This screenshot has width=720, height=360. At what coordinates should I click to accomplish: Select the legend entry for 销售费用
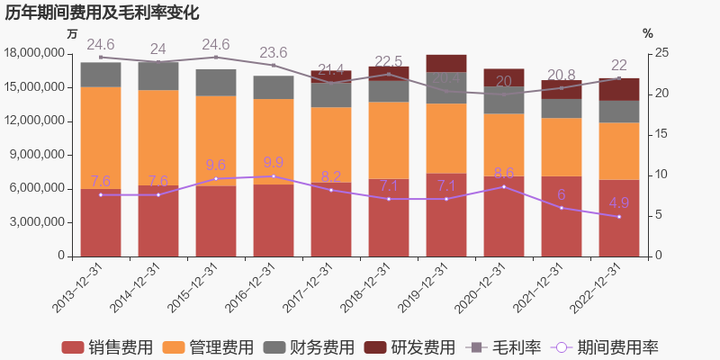pyautogui.click(x=106, y=347)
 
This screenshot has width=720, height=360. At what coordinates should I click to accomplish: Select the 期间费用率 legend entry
pyautogui.click(x=606, y=347)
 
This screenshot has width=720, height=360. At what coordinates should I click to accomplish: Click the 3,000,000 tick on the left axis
pyautogui.click(x=40, y=222)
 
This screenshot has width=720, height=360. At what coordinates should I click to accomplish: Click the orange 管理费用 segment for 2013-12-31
pyautogui.click(x=101, y=138)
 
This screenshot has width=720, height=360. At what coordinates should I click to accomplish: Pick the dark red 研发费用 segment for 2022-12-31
pyautogui.click(x=619, y=89)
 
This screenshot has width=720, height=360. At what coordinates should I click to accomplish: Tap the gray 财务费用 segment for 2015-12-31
pyautogui.click(x=216, y=83)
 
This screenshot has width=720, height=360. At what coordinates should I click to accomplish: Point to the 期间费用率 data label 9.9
pyautogui.click(x=274, y=163)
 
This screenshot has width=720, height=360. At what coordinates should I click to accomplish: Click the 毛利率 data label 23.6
pyautogui.click(x=274, y=52)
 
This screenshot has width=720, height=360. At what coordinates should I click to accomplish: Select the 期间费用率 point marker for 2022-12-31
pyautogui.click(x=619, y=217)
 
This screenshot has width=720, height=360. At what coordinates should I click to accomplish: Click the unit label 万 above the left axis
pyautogui.click(x=73, y=33)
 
